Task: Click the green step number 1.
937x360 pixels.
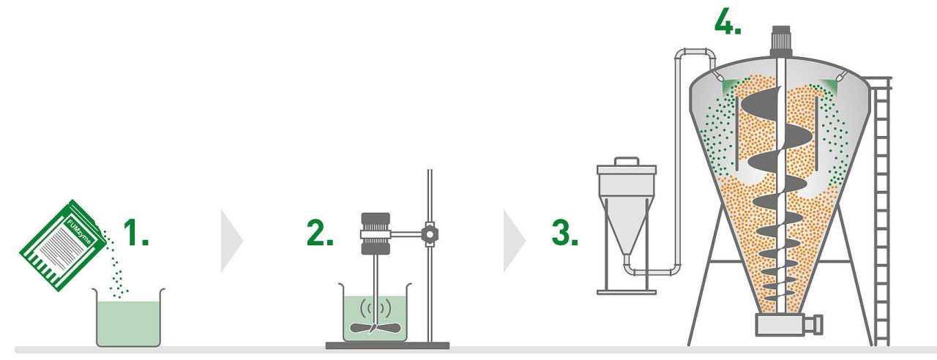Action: click(135, 233)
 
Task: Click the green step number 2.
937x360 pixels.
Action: click(320, 233)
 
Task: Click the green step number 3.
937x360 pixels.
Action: click(564, 233)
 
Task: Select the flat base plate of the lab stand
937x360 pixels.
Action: click(387, 345)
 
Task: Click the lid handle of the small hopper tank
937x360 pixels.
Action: click(626, 160)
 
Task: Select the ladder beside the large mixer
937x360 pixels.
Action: click(882, 212)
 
